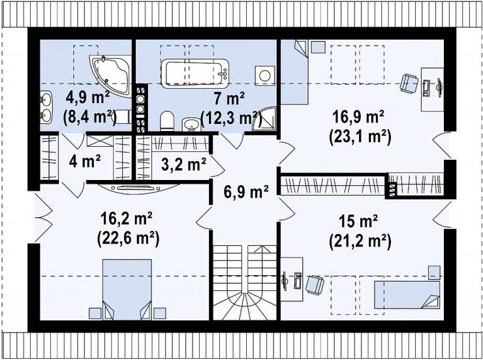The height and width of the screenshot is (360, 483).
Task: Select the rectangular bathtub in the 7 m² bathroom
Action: tap(195, 74)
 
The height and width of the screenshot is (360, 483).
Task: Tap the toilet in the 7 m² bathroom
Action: tap(167, 121)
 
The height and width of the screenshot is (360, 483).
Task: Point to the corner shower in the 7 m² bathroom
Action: tap(264, 119)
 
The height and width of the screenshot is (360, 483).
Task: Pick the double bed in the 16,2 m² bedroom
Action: tap(127, 290)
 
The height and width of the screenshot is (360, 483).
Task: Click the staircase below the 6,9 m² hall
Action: tap(245, 282)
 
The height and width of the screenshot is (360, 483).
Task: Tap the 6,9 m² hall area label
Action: tap(245, 192)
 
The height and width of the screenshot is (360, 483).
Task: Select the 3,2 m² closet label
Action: tap(183, 165)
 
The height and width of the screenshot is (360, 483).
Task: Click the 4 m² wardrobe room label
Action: tap(85, 161)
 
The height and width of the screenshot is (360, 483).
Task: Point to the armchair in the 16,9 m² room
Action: tap(409, 83)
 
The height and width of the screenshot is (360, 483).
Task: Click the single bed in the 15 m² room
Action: tap(407, 295)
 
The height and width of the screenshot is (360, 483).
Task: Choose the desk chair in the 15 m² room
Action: tap(315, 284)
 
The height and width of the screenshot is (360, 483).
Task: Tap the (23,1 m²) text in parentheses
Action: tap(360, 137)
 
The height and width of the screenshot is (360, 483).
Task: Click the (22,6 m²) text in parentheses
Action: tap(128, 239)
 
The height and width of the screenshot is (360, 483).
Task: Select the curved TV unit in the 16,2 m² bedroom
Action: tap(138, 188)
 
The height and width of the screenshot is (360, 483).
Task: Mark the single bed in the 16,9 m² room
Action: tap(295, 72)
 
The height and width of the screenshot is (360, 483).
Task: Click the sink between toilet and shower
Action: tap(191, 125)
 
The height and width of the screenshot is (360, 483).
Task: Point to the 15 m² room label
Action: tap(358, 222)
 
